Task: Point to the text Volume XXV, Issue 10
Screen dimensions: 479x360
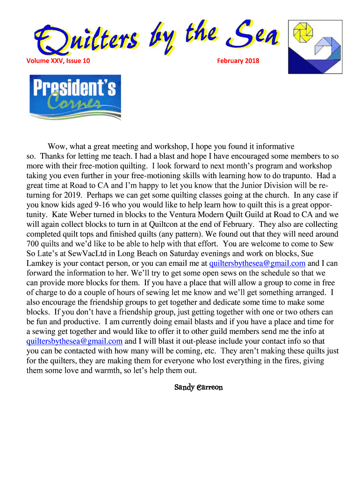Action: tap(58, 60)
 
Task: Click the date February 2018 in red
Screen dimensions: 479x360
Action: tap(238, 60)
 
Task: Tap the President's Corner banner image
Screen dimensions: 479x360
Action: tap(75, 97)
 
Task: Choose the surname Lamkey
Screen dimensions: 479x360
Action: tap(40, 263)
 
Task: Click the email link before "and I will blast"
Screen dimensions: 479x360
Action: tap(74, 341)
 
